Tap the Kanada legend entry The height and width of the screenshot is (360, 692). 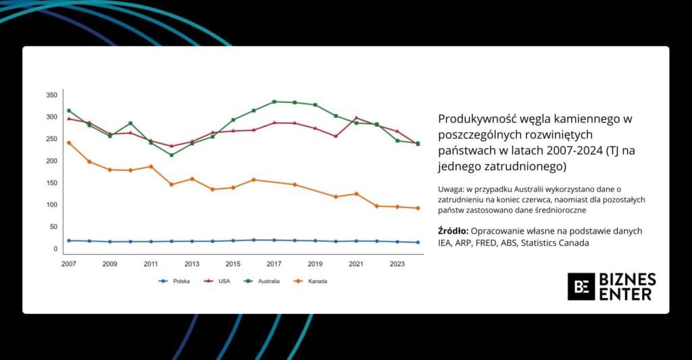316,281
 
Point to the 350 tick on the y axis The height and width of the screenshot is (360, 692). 52,95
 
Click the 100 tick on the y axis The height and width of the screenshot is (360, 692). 52,205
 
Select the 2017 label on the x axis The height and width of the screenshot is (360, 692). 274,263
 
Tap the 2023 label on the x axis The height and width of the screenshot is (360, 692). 397,263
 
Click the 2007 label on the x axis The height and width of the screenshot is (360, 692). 68,263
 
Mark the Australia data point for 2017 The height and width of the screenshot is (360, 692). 274,102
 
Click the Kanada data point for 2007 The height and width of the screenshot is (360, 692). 68,143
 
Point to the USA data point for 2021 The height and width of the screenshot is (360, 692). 356,118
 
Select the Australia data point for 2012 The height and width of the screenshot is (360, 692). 171,155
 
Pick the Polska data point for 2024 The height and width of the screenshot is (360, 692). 418,242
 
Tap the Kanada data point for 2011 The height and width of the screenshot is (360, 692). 151,166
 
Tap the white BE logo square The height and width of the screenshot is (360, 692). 581,286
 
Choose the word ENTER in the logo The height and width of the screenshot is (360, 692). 627,294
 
